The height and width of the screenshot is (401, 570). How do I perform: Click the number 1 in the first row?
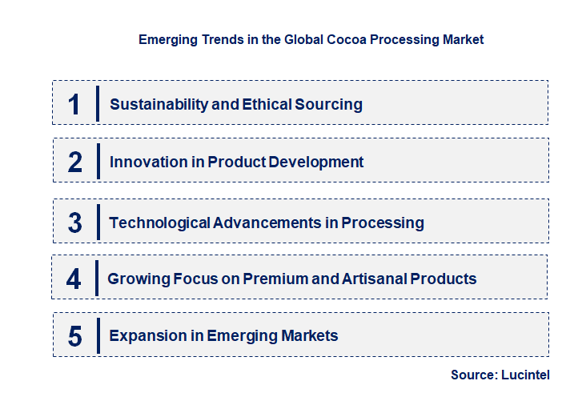pyautogui.click(x=74, y=104)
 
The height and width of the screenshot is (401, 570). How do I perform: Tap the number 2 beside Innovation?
pyautogui.click(x=75, y=162)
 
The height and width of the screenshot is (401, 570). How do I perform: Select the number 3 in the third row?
pyautogui.click(x=75, y=223)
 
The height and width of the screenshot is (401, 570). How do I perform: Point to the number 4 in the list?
pyautogui.click(x=74, y=279)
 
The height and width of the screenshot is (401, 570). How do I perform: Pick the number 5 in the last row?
pyautogui.click(x=75, y=336)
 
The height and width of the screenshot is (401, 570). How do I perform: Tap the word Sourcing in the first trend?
pyautogui.click(x=327, y=104)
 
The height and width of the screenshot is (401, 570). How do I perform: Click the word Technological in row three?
pyautogui.click(x=159, y=223)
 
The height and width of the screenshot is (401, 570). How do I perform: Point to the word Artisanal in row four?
pyautogui.click(x=371, y=279)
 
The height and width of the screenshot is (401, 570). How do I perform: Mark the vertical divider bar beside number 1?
pyautogui.click(x=97, y=103)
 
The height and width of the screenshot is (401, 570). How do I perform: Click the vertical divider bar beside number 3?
pyautogui.click(x=97, y=222)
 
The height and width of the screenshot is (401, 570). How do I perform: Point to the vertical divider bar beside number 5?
pyautogui.click(x=97, y=335)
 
